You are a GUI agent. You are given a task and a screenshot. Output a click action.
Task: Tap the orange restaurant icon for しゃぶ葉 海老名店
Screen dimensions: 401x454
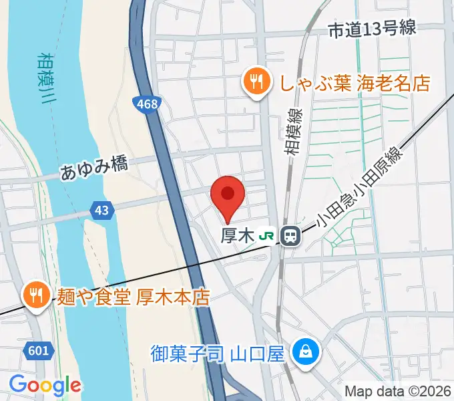(x=256, y=83)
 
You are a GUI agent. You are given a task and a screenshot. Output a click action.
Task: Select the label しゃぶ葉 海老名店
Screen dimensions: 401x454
(x=346, y=83)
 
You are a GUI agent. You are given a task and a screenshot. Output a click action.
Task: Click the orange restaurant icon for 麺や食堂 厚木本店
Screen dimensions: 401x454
(x=34, y=295)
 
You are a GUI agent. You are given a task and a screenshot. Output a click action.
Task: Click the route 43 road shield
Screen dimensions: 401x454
(x=101, y=211)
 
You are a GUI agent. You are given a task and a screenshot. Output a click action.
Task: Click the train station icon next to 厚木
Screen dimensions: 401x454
(x=290, y=235)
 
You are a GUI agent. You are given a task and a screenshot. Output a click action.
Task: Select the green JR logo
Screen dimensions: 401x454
(x=266, y=236)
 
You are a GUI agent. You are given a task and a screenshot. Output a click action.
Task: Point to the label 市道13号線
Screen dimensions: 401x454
(x=372, y=29)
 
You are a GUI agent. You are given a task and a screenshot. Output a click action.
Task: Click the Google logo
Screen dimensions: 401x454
(x=45, y=386)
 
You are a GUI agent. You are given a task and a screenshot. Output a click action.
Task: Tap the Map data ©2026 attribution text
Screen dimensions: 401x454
(x=397, y=391)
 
